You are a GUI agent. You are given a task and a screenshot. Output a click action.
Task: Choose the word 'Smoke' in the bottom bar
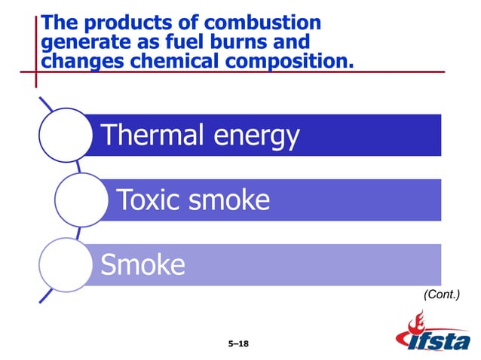(x=142, y=265)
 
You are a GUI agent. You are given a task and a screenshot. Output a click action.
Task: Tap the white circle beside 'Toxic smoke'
(x=78, y=200)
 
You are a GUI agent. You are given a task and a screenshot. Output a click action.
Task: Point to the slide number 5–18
(x=238, y=343)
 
